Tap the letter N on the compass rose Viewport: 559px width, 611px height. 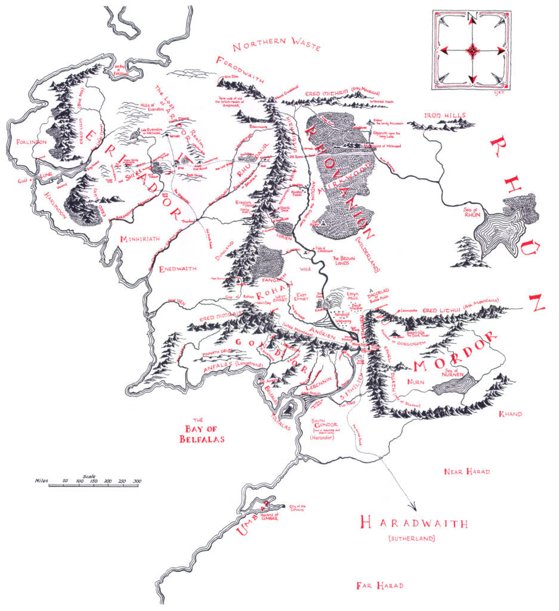click(471, 17)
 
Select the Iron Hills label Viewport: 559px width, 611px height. click(444, 115)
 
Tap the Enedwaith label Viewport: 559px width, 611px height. click(178, 269)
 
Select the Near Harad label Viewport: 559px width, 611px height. click(467, 471)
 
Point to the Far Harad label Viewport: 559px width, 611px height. click(379, 585)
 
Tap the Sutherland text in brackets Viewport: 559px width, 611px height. click(412, 539)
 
